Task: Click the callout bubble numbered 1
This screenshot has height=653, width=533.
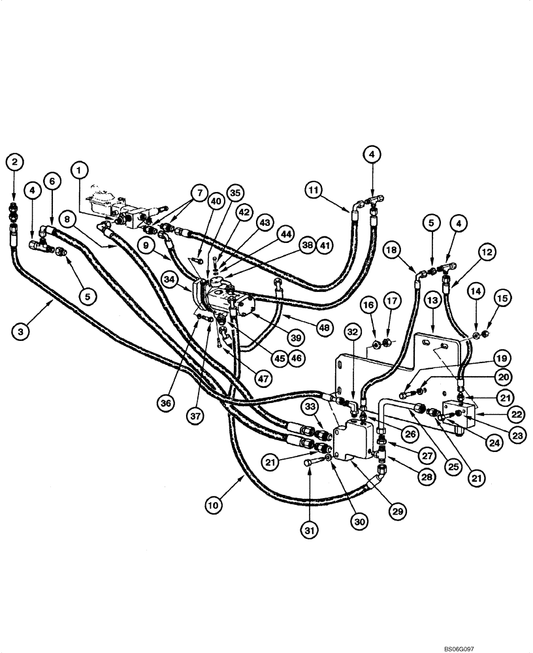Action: coord(80,171)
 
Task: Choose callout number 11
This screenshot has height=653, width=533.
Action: coord(314,191)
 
